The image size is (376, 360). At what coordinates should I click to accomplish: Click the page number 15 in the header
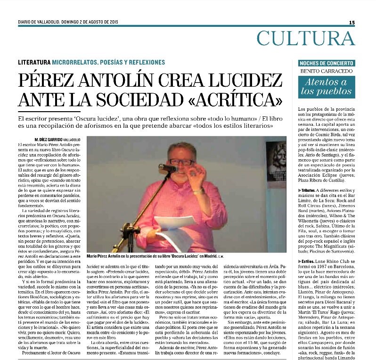click(351, 22)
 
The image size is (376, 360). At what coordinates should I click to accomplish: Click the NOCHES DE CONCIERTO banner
click(327, 63)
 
